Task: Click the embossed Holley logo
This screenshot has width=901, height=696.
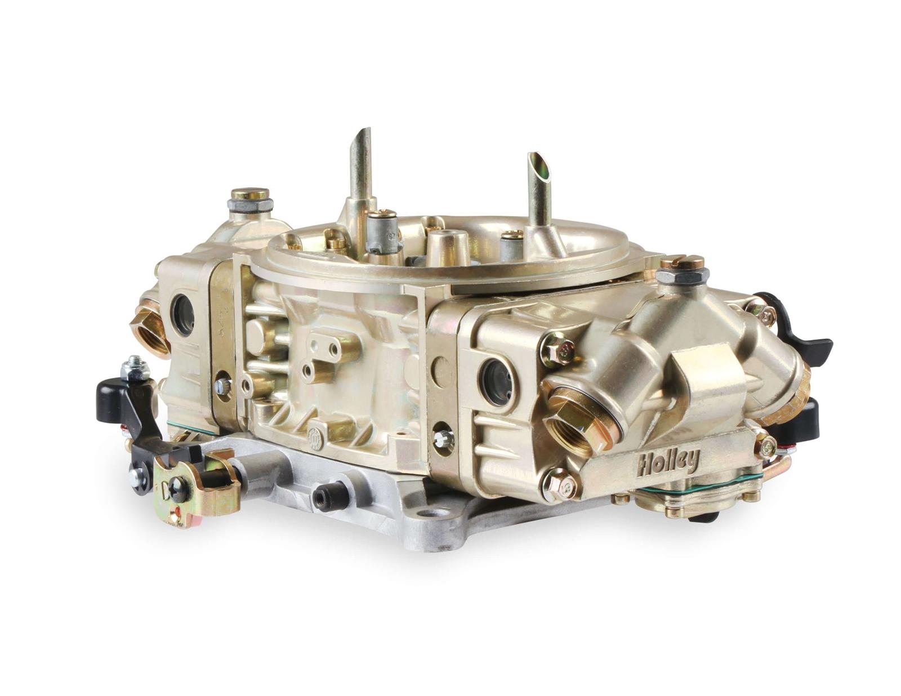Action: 668,462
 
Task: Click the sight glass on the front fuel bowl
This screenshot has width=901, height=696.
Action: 497,381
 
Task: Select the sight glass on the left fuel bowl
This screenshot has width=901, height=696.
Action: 183,313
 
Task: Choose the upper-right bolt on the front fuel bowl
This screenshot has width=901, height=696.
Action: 764,314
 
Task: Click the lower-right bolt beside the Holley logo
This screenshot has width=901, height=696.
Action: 766,446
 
